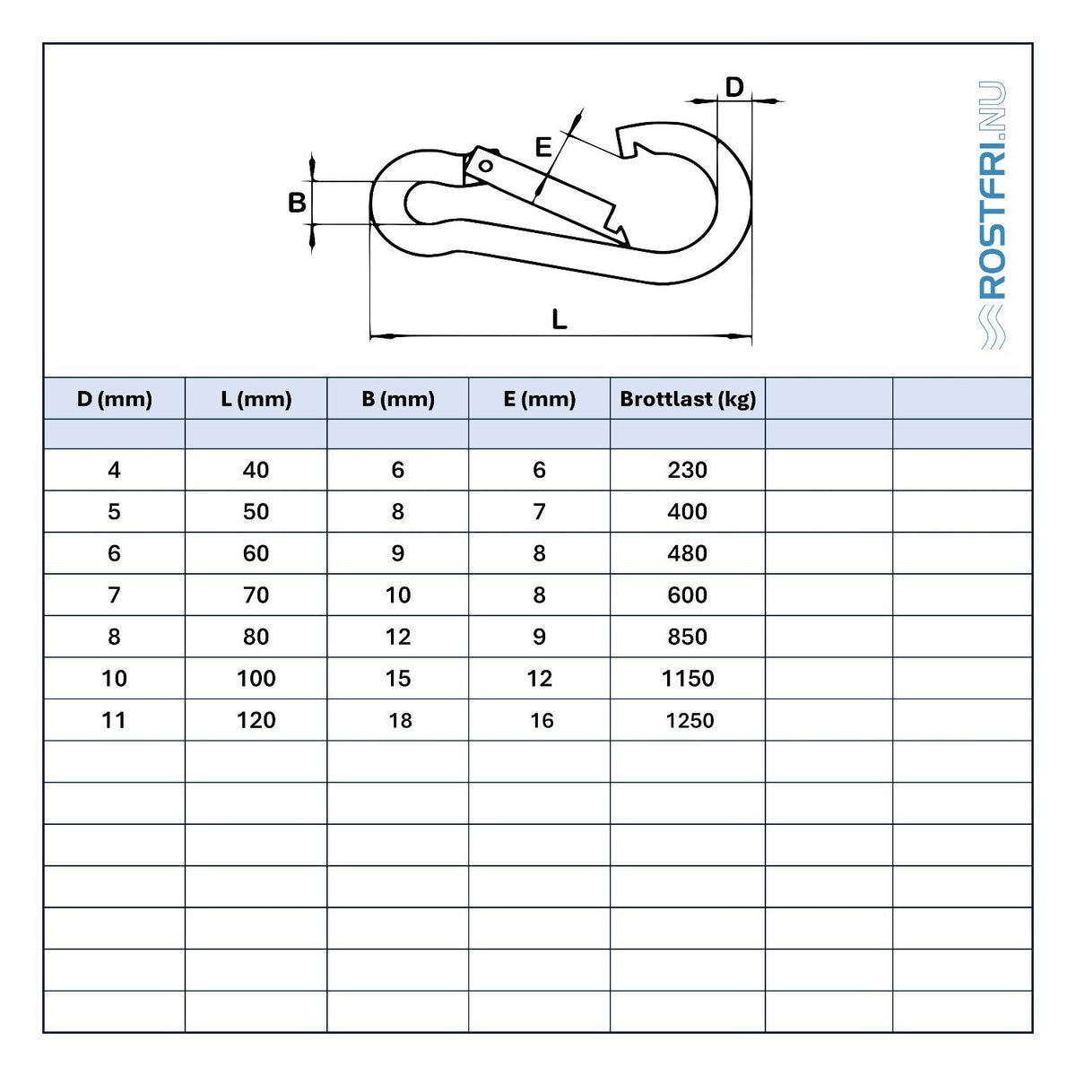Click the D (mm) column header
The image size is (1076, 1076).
tap(115, 399)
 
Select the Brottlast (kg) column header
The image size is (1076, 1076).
tap(688, 399)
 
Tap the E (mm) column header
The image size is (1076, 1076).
tap(539, 399)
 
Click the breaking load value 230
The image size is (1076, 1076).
tap(688, 470)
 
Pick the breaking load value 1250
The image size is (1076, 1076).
tap(690, 720)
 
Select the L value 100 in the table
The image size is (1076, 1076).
tap(256, 679)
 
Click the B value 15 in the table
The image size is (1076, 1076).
tap(398, 679)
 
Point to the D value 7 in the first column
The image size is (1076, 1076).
tap(115, 594)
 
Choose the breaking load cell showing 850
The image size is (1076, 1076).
tap(688, 637)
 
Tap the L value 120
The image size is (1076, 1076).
tap(256, 720)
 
